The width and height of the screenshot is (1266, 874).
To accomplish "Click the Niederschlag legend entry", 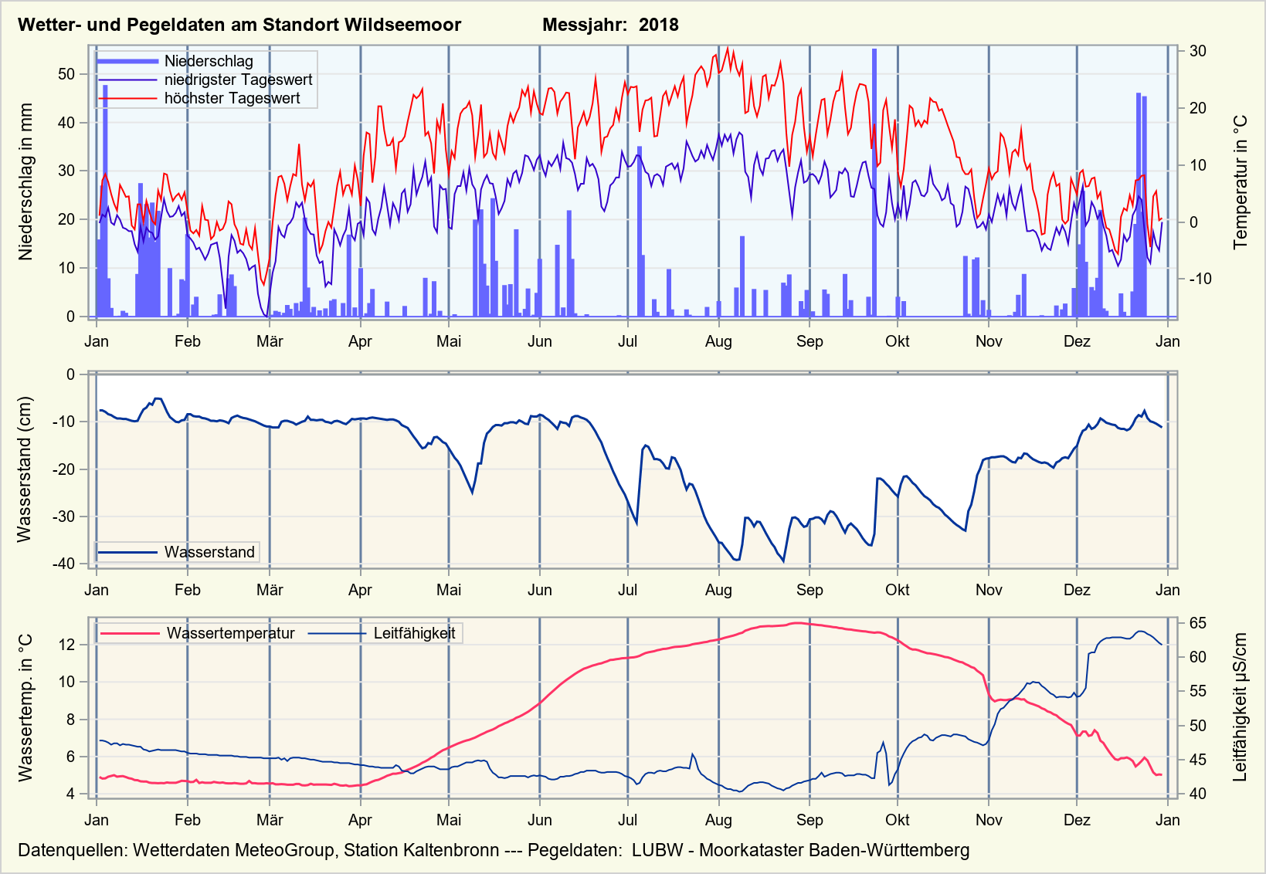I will (209, 61).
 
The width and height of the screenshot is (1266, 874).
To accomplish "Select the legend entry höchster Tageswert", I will (232, 98).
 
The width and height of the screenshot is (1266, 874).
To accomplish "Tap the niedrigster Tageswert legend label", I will (238, 80).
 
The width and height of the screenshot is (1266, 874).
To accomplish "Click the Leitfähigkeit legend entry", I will (414, 633).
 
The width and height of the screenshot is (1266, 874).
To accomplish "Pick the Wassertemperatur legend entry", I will (230, 633).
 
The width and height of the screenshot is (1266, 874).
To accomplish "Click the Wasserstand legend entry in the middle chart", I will (209, 552).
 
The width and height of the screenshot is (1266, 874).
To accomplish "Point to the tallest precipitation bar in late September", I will (874, 182).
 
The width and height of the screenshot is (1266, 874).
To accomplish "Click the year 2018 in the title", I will (658, 25).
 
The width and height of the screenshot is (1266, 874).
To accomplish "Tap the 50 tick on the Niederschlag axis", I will (66, 74).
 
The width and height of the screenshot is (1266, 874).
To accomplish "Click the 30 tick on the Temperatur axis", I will (1198, 51).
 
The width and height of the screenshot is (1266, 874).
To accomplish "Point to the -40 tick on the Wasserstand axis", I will (63, 564).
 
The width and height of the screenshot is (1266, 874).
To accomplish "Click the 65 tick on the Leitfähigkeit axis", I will (1198, 623).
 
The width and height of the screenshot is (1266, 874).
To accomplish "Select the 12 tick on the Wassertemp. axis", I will (68, 645).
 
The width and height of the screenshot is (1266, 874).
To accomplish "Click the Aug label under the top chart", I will (718, 341).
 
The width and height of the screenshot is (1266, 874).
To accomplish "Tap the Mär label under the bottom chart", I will (270, 820).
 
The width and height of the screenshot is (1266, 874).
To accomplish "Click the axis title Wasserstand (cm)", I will (25, 469).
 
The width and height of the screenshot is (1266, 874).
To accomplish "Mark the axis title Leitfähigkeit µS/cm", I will (1241, 707).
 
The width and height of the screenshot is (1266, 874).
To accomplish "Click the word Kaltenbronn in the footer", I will (451, 850).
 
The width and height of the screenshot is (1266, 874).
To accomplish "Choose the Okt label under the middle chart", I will (898, 590).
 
